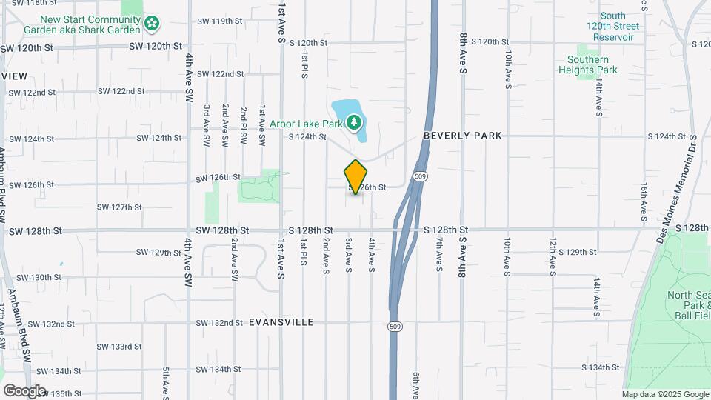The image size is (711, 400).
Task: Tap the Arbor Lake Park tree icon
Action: tap(355, 121)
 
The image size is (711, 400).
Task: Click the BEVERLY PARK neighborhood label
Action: tap(463, 136)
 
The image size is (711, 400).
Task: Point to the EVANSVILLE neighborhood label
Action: tap(281, 322)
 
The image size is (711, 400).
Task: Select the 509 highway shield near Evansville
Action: tap(395, 326)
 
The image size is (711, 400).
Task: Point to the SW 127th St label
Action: tap(121, 207)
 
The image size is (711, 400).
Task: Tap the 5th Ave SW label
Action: tap(166, 381)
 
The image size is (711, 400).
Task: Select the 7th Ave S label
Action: tap(438, 255)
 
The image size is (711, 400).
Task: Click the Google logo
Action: tap(24, 391)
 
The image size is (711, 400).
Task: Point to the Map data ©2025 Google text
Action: tap(664, 394)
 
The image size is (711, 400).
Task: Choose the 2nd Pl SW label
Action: tap(244, 124)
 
